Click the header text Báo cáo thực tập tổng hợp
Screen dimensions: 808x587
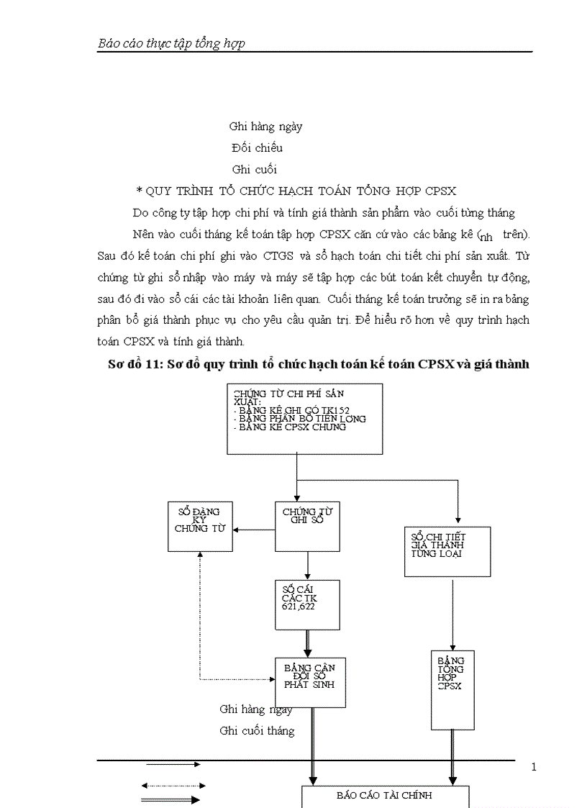coord(171,43)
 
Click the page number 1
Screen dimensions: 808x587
coord(533,767)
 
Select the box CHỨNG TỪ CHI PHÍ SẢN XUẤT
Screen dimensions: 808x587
coord(304,419)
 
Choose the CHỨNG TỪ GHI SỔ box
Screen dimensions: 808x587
coord(307,526)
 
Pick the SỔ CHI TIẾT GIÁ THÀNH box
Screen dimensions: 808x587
coord(447,551)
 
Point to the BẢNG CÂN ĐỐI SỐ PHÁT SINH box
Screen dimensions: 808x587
coord(310,682)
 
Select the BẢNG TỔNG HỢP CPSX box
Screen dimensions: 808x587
coord(452,689)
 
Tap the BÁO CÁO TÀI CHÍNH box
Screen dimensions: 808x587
coord(384,796)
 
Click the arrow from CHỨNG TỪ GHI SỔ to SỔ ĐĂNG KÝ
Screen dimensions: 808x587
coord(254,530)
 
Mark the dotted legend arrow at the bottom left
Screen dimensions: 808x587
coord(174,786)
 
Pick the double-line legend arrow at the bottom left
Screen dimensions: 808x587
coord(172,799)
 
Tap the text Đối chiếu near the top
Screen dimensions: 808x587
coord(257,148)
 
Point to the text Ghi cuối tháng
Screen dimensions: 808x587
coord(257,731)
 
